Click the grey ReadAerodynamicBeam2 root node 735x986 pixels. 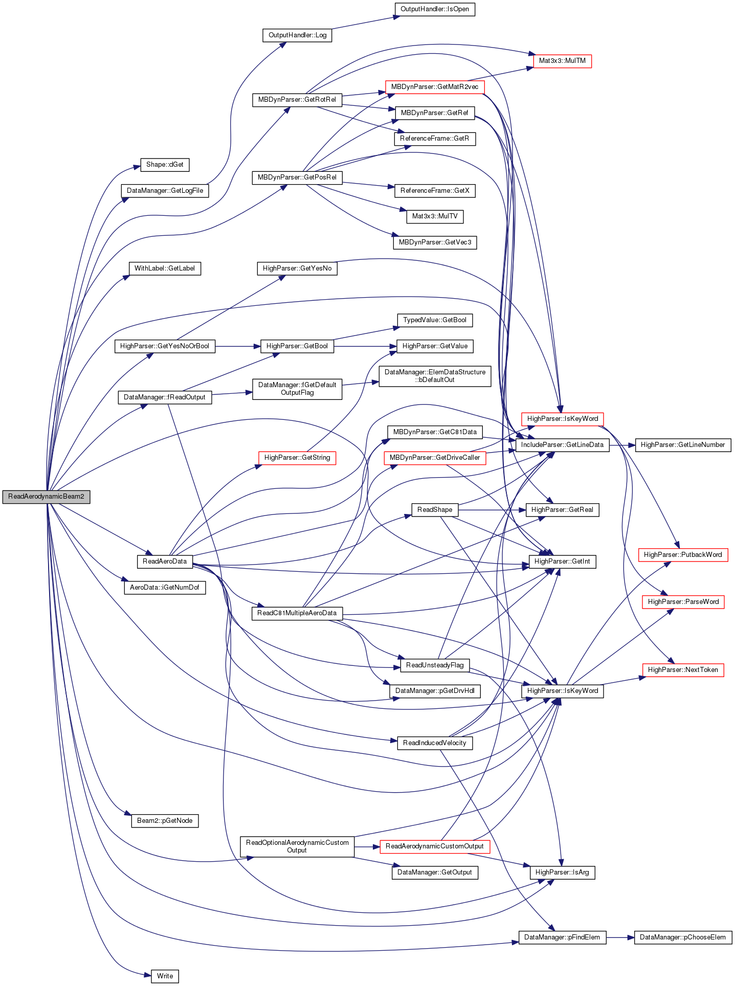pos(46,497)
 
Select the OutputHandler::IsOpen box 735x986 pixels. pos(435,9)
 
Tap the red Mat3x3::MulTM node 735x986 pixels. pos(562,61)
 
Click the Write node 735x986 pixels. pos(165,976)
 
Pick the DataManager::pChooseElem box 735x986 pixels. pos(683,937)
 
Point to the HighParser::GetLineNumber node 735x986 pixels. pos(683,445)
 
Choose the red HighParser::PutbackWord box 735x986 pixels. pos(683,555)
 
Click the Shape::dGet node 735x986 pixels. pos(165,165)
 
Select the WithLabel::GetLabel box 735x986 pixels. pos(165,268)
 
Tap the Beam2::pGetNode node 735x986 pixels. pos(165,821)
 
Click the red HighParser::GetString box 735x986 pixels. pos(297,458)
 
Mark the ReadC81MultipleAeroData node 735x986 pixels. pos(297,613)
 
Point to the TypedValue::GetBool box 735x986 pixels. pos(435,320)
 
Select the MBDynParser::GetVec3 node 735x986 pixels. pos(435,242)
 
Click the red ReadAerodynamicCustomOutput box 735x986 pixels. pos(435,846)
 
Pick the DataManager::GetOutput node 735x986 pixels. pos(435,872)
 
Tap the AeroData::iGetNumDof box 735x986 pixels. pos(165,588)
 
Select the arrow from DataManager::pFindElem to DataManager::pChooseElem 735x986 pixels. pos(620,937)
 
